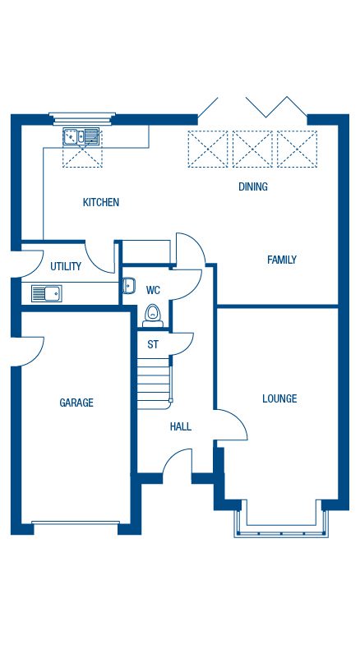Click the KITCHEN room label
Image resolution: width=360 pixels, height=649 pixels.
[x=101, y=202]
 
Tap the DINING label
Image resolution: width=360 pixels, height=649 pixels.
[x=252, y=186]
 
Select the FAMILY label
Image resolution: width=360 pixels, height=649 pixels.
[x=282, y=260]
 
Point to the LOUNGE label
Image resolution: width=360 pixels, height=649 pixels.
[x=279, y=398]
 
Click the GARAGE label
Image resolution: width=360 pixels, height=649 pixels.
[x=76, y=403]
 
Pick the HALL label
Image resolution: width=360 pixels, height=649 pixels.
[x=181, y=426]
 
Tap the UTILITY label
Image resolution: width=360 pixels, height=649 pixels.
[x=66, y=266]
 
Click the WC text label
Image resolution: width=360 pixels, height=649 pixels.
[x=153, y=290]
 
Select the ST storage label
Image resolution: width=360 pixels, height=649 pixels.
[x=153, y=344]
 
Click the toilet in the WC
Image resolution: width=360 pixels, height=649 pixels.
[x=153, y=316]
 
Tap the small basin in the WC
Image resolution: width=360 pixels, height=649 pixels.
[x=128, y=286]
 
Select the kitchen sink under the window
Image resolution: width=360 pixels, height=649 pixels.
[x=81, y=136]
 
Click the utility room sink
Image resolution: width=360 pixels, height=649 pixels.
[x=47, y=293]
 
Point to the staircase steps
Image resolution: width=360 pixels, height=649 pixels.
[x=154, y=384]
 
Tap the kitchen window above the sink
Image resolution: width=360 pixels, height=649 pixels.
[x=82, y=118]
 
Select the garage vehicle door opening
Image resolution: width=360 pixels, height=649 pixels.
[x=76, y=522]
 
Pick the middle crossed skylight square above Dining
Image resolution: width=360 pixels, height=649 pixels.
[x=252, y=149]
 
